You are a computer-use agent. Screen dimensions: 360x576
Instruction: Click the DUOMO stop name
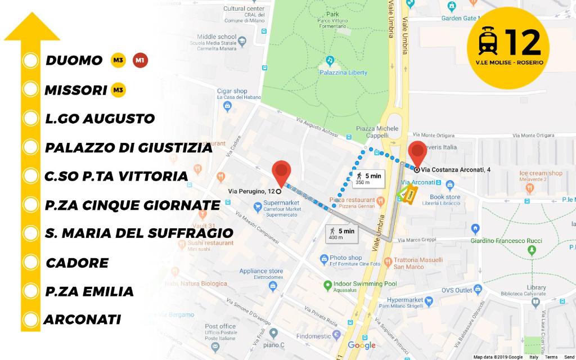74,61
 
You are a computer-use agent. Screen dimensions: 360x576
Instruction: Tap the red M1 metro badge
140,61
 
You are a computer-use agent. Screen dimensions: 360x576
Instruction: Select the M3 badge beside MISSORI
118,90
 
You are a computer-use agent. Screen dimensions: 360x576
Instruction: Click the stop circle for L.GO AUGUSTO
30,119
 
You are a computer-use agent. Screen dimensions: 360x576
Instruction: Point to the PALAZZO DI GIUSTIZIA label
129,148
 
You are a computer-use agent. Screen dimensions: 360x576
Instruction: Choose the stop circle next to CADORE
30,263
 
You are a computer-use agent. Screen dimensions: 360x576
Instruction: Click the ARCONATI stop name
83,320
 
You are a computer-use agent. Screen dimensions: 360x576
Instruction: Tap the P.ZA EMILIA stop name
89,291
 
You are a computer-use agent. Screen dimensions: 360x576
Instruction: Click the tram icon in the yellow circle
487,42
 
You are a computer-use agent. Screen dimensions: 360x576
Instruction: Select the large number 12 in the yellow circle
523,41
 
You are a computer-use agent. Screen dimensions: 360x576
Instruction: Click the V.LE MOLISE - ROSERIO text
509,62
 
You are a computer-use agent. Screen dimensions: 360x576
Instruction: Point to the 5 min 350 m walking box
368,179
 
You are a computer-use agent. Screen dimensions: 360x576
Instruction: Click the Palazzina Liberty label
343,73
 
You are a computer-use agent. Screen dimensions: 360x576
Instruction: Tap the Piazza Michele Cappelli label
377,132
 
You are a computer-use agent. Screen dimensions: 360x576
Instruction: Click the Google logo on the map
361,345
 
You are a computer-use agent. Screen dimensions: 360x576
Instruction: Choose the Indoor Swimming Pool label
365,284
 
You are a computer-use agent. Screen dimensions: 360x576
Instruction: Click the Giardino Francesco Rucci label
506,241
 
